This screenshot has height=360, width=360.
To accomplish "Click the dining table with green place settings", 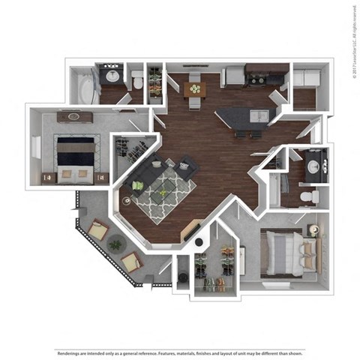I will coord(194,89).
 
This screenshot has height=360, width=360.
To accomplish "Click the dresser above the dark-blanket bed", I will coord(73,116).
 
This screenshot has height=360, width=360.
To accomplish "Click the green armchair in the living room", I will coord(138,185).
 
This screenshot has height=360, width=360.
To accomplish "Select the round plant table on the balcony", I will coord(115,244).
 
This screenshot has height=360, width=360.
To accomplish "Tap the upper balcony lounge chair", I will coord(98,229).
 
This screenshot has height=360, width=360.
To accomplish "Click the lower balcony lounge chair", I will coord(130,261).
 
